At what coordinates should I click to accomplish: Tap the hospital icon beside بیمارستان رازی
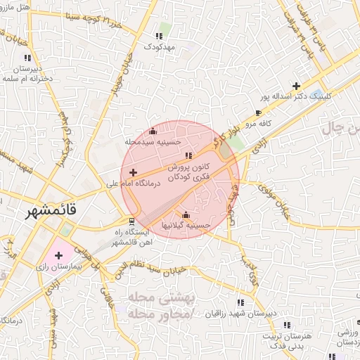click(58, 255)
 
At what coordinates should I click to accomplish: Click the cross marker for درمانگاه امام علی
click(133, 172)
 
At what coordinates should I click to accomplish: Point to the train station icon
click(132, 222)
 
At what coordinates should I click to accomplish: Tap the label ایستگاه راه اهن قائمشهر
click(137, 237)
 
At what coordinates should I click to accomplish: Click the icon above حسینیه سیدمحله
click(153, 131)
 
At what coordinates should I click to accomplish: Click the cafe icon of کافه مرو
click(259, 112)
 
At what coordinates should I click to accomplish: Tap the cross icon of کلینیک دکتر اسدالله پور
click(296, 85)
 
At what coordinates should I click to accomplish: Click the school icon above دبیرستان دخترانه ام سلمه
click(27, 58)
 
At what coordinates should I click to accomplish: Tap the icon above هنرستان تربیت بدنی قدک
click(286, 324)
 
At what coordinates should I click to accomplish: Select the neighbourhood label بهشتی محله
click(156, 298)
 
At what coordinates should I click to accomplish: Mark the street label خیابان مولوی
click(276, 198)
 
